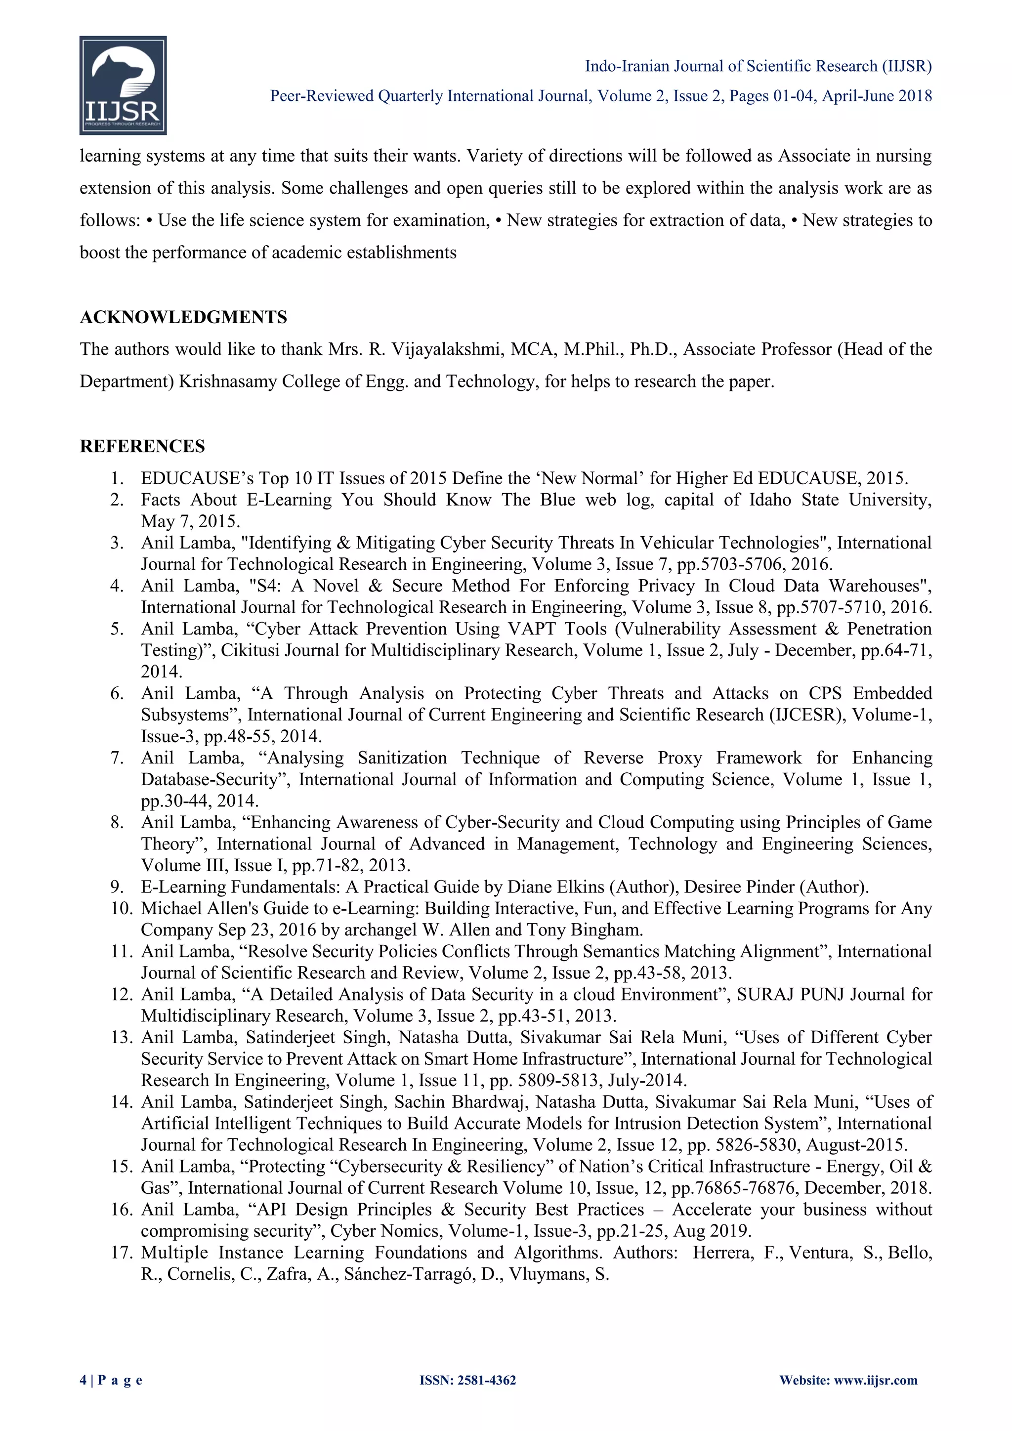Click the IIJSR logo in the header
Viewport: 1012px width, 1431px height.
click(123, 85)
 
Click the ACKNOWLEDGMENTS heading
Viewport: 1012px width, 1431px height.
click(183, 317)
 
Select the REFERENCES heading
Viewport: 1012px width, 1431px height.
click(142, 446)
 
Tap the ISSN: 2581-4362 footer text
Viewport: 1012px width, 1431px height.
click(467, 1380)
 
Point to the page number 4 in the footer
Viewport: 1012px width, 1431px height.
click(84, 1380)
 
